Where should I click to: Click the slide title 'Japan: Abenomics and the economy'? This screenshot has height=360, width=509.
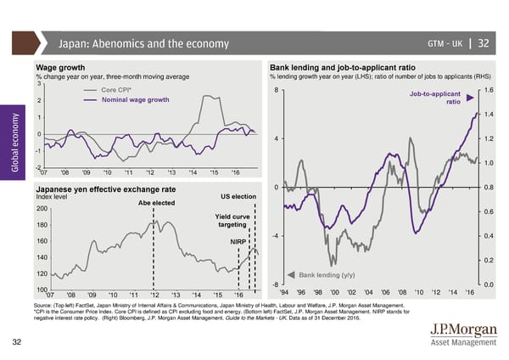click(144, 44)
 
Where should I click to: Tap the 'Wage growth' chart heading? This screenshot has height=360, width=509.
click(60, 67)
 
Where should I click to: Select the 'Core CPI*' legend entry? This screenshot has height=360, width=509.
click(115, 90)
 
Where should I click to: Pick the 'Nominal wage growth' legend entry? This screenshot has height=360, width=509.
click(140, 100)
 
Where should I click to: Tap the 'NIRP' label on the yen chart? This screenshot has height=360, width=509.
click(238, 241)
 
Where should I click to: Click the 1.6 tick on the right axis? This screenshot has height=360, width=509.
click(489, 91)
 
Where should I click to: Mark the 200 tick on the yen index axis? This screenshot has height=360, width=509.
click(40, 209)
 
